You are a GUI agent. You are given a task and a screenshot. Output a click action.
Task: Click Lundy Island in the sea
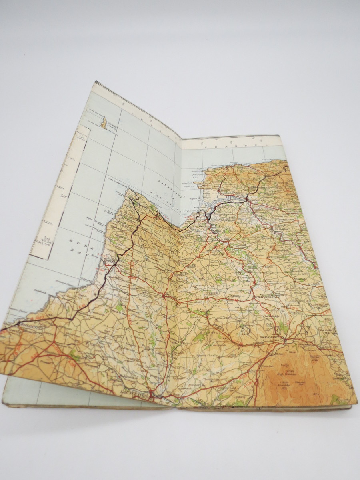[104, 123]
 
